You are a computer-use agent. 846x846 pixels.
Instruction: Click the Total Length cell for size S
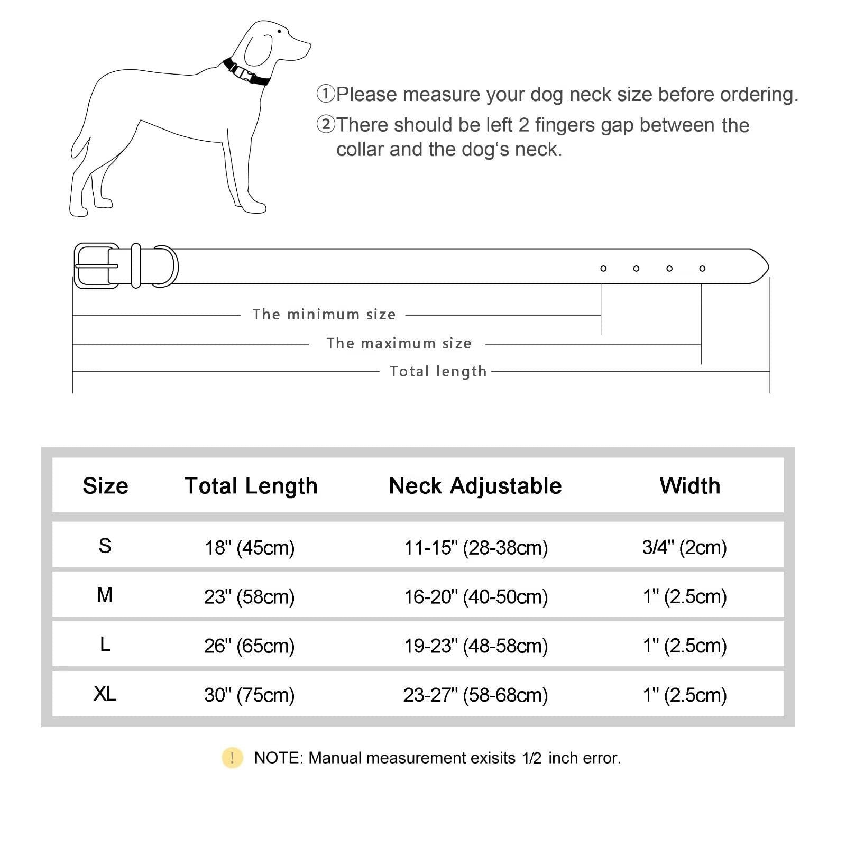pos(250,548)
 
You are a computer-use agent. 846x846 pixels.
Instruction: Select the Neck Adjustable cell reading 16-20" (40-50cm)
pos(476,597)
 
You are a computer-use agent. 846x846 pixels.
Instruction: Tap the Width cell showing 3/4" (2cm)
pos(684,548)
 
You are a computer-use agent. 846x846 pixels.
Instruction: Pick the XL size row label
pos(105,694)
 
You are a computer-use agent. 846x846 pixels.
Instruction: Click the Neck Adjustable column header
pos(475,486)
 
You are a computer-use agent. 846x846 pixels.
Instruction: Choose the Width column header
pos(689,486)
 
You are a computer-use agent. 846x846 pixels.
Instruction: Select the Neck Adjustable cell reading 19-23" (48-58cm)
pos(476,646)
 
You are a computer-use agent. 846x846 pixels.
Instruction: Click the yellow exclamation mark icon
pos(232,758)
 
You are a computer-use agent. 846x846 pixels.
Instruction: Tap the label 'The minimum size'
pos(324,315)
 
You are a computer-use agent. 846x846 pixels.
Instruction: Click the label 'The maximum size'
pos(399,344)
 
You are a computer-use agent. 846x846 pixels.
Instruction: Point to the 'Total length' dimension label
pos(438,372)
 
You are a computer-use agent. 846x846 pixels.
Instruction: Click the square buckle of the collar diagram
pos(96,266)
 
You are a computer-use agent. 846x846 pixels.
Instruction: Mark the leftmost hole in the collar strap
pos(603,269)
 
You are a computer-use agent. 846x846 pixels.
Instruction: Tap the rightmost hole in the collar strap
pos(702,269)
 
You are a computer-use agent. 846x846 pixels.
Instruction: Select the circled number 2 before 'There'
pos(326,125)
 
